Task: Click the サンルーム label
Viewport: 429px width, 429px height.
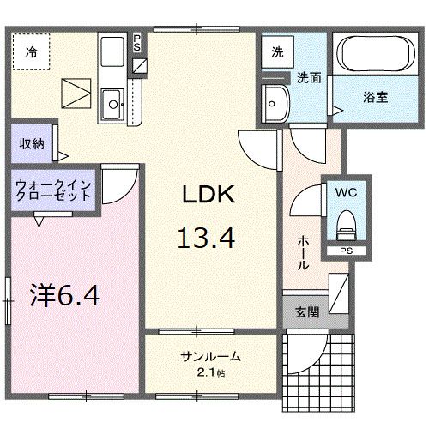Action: click(x=210, y=356)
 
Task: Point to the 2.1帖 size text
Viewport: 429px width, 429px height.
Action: click(x=211, y=372)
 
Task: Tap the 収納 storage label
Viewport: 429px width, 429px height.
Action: click(x=32, y=143)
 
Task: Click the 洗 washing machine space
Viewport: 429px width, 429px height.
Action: click(x=277, y=51)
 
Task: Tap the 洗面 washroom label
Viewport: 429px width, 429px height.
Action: click(x=309, y=76)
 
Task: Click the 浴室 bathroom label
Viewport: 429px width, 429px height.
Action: click(x=374, y=97)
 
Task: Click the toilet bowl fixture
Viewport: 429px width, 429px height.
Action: click(x=347, y=226)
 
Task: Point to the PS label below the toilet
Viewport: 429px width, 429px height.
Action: click(x=346, y=251)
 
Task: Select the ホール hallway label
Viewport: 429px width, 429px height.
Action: click(x=303, y=254)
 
